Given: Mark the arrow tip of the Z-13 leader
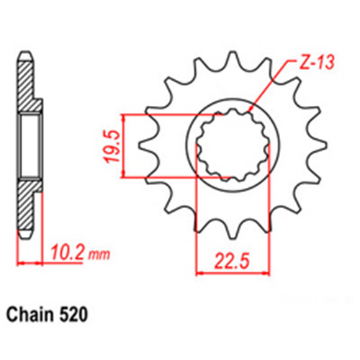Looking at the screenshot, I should coord(248,112).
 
